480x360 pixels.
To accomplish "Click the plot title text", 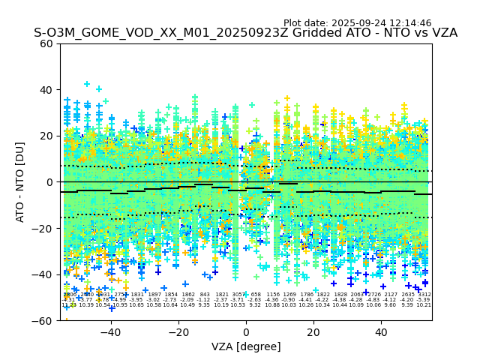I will [245, 33].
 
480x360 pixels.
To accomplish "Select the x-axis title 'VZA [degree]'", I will [246, 346].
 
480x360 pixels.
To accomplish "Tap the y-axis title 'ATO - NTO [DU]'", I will [20, 181].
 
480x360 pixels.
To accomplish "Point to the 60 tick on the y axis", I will [46, 43].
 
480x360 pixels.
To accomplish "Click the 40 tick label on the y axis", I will [46, 90].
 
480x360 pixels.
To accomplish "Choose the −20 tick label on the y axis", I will [43, 228].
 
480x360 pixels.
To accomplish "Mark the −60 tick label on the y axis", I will [43, 321].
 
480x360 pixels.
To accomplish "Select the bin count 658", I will [256, 295].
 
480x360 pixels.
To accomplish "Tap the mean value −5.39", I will [424, 300].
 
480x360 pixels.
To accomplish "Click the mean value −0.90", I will [289, 300].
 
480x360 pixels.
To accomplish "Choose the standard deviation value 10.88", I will [272, 305].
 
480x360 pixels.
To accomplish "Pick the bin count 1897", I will [154, 295].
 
